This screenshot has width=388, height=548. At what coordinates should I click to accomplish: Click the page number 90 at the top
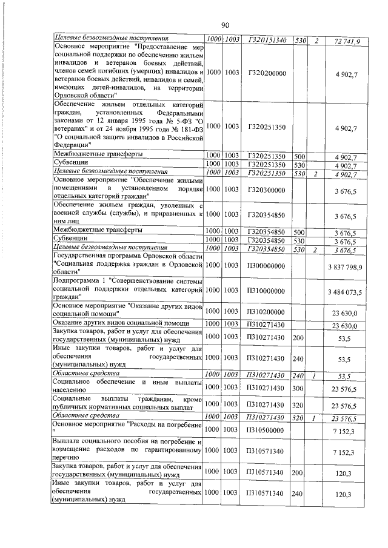tap(225, 25)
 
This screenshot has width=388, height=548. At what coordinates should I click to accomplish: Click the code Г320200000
tap(267, 73)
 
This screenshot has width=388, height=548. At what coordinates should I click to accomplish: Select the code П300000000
tap(267, 267)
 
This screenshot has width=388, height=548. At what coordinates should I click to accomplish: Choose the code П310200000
tap(267, 312)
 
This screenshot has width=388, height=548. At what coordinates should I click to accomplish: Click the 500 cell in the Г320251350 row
tap(298, 156)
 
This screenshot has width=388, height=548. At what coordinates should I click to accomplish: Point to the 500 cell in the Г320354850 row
tap(298, 231)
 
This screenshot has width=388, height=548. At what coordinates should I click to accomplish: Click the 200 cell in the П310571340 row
tap(298, 470)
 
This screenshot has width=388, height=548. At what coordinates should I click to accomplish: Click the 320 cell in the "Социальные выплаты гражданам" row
tap(298, 404)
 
